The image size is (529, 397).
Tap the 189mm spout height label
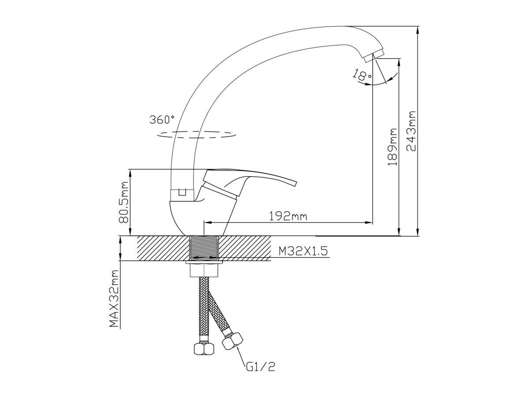coord(392,147)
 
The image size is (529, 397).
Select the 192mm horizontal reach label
coord(288,217)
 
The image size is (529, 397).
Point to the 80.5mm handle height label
coord(125,202)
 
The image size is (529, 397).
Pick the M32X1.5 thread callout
coord(303,251)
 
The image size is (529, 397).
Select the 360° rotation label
coord(162,119)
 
